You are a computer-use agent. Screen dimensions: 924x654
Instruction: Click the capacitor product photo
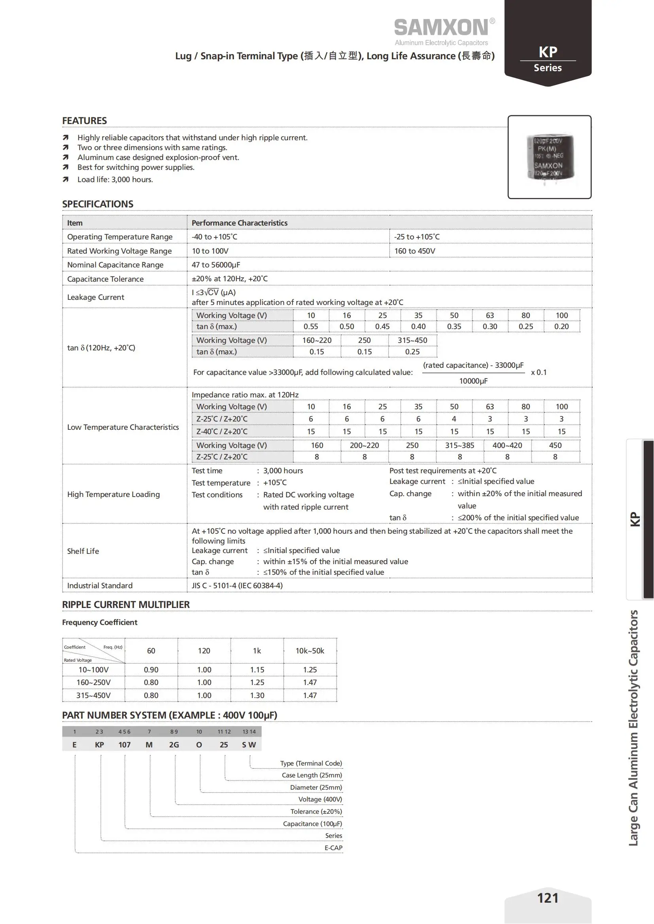pos(550,157)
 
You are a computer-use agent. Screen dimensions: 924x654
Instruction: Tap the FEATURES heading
pos(85,121)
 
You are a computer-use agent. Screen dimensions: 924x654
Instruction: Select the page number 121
pos(548,898)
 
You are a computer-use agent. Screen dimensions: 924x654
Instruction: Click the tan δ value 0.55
pos(311,327)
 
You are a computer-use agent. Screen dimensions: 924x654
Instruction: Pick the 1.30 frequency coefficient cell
pos(257,695)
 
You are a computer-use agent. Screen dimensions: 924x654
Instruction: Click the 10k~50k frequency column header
pos(310,651)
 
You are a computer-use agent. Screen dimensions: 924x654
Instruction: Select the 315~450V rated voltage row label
pos(93,695)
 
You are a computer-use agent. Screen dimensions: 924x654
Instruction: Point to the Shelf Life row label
pos(83,551)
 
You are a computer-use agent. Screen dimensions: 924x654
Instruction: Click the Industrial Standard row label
pos(100,585)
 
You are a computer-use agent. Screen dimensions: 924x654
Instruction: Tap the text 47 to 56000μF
pos(216,265)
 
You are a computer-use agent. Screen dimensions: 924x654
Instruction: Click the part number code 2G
pos(174,745)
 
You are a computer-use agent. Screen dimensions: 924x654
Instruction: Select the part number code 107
pos(125,745)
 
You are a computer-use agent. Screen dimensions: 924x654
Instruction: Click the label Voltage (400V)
pos(320,799)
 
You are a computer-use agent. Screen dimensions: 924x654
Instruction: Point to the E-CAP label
pos(333,847)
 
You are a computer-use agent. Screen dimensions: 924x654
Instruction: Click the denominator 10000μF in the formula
pos(473,381)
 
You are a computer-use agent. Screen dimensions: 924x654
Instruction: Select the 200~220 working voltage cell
pos(365,446)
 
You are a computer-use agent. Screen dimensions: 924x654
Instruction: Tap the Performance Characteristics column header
pos(240,223)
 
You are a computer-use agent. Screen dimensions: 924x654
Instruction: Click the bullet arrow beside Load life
pos(66,179)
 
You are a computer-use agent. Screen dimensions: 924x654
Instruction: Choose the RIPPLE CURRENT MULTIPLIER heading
pos(126,604)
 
